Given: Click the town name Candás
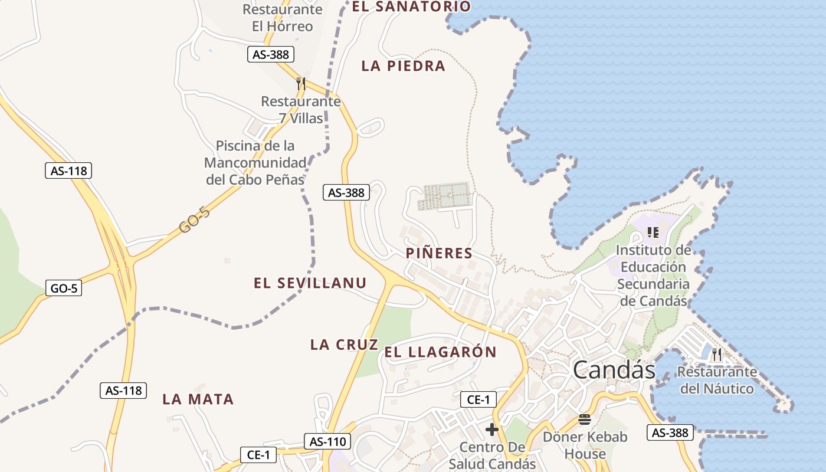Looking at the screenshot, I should pos(614,370).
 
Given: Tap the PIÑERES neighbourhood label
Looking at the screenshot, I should pos(439,254).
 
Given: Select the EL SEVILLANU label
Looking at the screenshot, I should pos(310,283).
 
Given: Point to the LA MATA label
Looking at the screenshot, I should pos(198,399).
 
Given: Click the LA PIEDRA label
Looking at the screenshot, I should pos(403,66).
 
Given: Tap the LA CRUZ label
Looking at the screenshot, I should pos(344,345).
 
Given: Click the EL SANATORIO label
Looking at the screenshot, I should pos(411,7).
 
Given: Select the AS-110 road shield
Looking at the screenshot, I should pos(327,441).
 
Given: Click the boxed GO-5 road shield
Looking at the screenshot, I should pos(63,288).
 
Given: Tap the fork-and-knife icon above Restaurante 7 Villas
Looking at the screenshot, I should pos(301,84).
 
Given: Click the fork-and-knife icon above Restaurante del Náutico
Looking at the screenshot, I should pos(717,355).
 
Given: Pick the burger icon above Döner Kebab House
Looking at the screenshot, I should pos(585,419).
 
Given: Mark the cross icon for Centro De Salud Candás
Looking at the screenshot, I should pos(492,430).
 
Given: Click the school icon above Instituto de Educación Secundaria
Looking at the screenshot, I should pos(653,232).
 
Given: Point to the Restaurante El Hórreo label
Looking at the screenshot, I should pos(283,18).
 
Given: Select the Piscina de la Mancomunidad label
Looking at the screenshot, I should pos(255,162).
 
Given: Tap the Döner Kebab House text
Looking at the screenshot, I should pos(585,445).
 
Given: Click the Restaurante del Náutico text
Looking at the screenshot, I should pos(717,381).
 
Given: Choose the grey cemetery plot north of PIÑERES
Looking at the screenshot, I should pos(446,196).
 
